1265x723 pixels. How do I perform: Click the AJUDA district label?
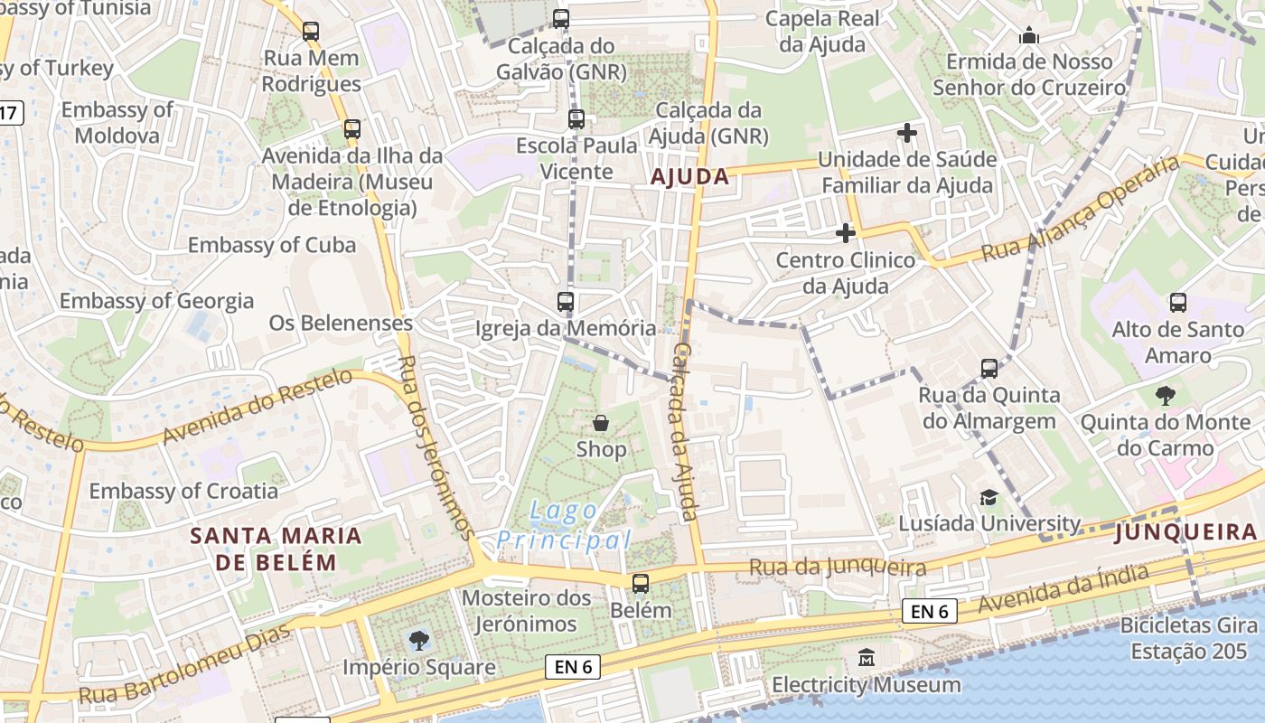pos(690,176)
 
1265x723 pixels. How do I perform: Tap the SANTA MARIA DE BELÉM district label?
pos(276,549)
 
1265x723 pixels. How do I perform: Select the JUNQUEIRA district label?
pos(1185,532)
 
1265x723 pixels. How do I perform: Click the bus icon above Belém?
pos(641,584)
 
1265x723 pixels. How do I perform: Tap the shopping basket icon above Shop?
pos(600,423)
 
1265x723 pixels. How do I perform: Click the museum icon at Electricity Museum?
pos(867,657)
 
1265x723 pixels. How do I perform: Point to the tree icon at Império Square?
pos(418,641)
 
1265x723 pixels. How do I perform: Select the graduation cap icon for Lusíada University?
pos(989,498)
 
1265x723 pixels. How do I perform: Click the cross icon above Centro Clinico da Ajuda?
pos(845,233)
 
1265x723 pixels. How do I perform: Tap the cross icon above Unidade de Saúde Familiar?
pos(907,134)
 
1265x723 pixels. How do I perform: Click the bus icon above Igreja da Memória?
pos(566,302)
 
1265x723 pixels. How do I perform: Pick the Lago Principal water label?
pos(564,526)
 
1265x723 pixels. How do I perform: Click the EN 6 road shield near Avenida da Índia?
pos(929,612)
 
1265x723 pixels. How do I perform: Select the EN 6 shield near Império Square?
pos(573,667)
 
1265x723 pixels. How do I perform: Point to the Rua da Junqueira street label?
pos(838,568)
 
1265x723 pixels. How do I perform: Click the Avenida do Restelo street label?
pos(257,407)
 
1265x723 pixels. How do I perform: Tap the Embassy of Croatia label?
pos(183,491)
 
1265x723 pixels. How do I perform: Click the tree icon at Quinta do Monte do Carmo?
pos(1166,395)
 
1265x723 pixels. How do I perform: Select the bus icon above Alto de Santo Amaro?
pos(1177,303)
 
